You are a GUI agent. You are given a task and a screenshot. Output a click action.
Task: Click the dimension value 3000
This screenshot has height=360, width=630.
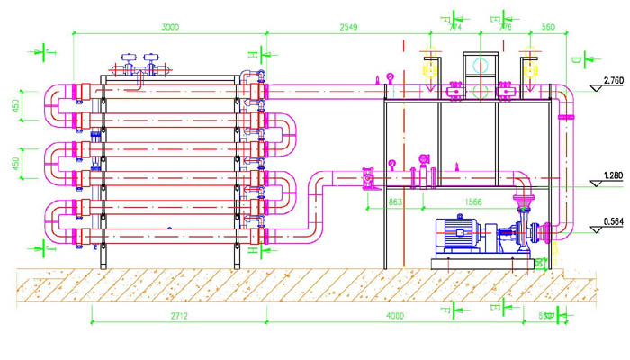click(167, 27)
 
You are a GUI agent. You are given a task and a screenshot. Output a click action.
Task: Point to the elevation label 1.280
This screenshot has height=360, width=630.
click(612, 175)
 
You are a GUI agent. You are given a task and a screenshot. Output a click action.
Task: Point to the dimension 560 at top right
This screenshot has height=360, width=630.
click(548, 27)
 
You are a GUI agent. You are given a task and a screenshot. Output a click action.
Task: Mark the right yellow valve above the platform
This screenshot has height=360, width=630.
click(529, 68)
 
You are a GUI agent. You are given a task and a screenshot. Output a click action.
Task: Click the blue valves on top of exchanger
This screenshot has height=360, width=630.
click(139, 64)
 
